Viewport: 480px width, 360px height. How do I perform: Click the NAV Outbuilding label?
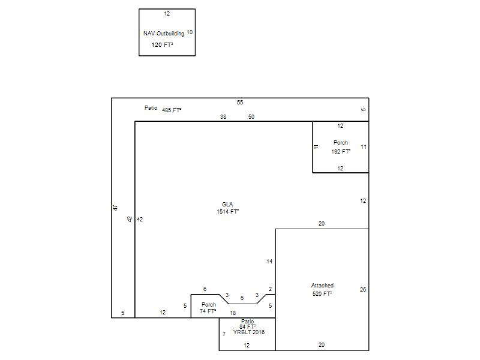[164, 34]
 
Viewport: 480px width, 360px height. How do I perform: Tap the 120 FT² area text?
[162, 44]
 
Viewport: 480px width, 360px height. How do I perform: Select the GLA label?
[227, 204]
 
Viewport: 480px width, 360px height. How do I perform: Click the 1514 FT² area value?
[228, 212]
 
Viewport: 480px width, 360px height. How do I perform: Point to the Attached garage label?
[322, 286]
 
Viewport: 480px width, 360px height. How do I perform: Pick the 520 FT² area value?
[322, 293]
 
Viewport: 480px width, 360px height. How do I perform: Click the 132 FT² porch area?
[341, 151]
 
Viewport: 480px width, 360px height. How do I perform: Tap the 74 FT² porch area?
[208, 311]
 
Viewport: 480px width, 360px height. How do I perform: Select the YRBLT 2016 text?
[249, 332]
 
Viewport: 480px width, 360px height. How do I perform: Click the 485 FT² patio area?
[172, 110]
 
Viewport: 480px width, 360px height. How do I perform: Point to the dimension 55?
[240, 102]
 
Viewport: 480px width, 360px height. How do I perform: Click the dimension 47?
[115, 208]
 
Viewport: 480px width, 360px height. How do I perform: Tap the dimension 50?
[251, 116]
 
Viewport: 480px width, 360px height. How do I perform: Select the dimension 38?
[223, 116]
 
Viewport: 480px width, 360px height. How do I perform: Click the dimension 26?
[363, 289]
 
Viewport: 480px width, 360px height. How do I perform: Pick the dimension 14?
[269, 261]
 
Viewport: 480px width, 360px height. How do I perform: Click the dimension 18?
[233, 313]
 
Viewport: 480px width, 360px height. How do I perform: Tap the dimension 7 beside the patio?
[224, 334]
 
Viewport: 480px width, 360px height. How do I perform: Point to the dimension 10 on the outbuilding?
[190, 32]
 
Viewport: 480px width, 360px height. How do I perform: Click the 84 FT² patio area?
[247, 326]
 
